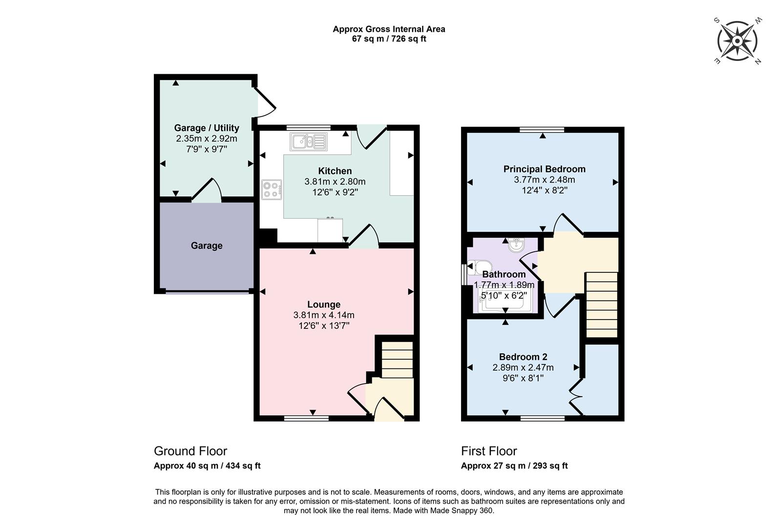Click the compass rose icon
coord(737,41)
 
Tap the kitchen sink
coord(309,142)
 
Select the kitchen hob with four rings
coord(272,190)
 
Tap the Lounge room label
coord(324,304)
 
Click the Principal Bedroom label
coord(544,169)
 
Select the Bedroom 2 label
coord(523,357)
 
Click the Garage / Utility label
coord(207,128)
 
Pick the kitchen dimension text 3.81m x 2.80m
coord(335,182)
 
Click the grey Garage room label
coord(207,245)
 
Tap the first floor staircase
coord(602,304)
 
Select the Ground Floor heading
coord(190,451)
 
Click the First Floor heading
coord(489,451)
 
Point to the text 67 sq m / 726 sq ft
coord(389,39)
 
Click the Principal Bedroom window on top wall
coord(542,129)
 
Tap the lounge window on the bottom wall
coord(307,418)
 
